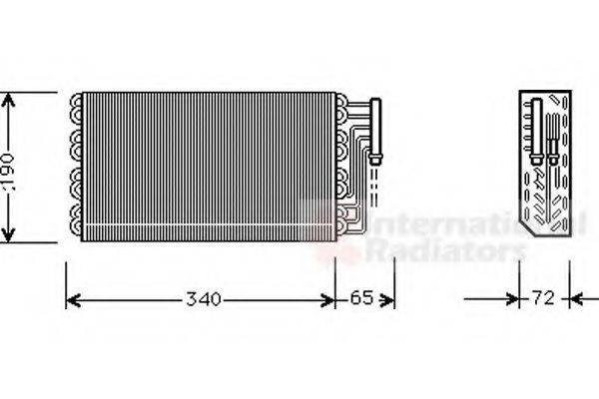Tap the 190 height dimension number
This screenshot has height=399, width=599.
[x=9, y=167]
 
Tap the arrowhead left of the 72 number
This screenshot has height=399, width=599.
[x=515, y=298]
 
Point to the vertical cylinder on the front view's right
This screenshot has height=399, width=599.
[x=377, y=128]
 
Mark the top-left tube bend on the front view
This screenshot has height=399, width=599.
[x=76, y=101]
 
